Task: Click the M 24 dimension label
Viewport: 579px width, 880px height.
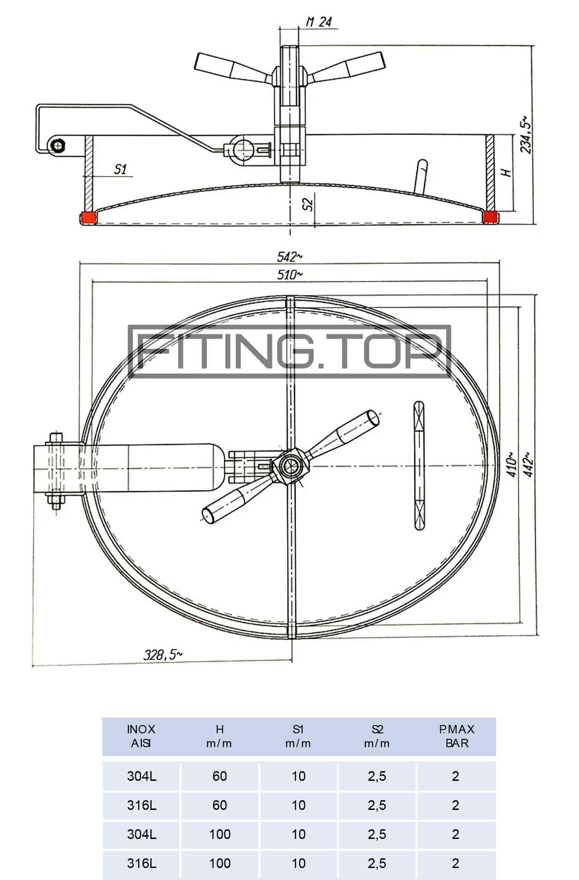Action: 319,21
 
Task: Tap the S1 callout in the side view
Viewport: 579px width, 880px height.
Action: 120,169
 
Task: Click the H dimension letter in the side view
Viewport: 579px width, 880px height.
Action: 506,172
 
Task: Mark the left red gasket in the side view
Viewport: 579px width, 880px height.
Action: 88,218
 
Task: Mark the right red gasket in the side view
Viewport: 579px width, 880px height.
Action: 490,217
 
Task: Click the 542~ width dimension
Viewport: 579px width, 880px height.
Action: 290,256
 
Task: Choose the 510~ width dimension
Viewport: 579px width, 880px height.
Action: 290,275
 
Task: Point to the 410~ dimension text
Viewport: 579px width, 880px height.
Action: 511,464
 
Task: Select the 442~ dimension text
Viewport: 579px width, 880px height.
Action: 528,464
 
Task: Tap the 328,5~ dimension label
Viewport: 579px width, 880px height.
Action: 163,654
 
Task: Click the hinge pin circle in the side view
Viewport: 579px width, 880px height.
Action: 59,146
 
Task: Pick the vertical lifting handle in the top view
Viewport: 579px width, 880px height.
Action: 419,465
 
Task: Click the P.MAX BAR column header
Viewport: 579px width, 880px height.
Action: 456,736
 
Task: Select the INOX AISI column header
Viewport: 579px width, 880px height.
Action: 141,736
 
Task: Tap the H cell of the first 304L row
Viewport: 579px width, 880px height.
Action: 220,776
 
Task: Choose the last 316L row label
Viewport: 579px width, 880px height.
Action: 142,863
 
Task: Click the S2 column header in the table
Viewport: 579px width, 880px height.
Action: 377,736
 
